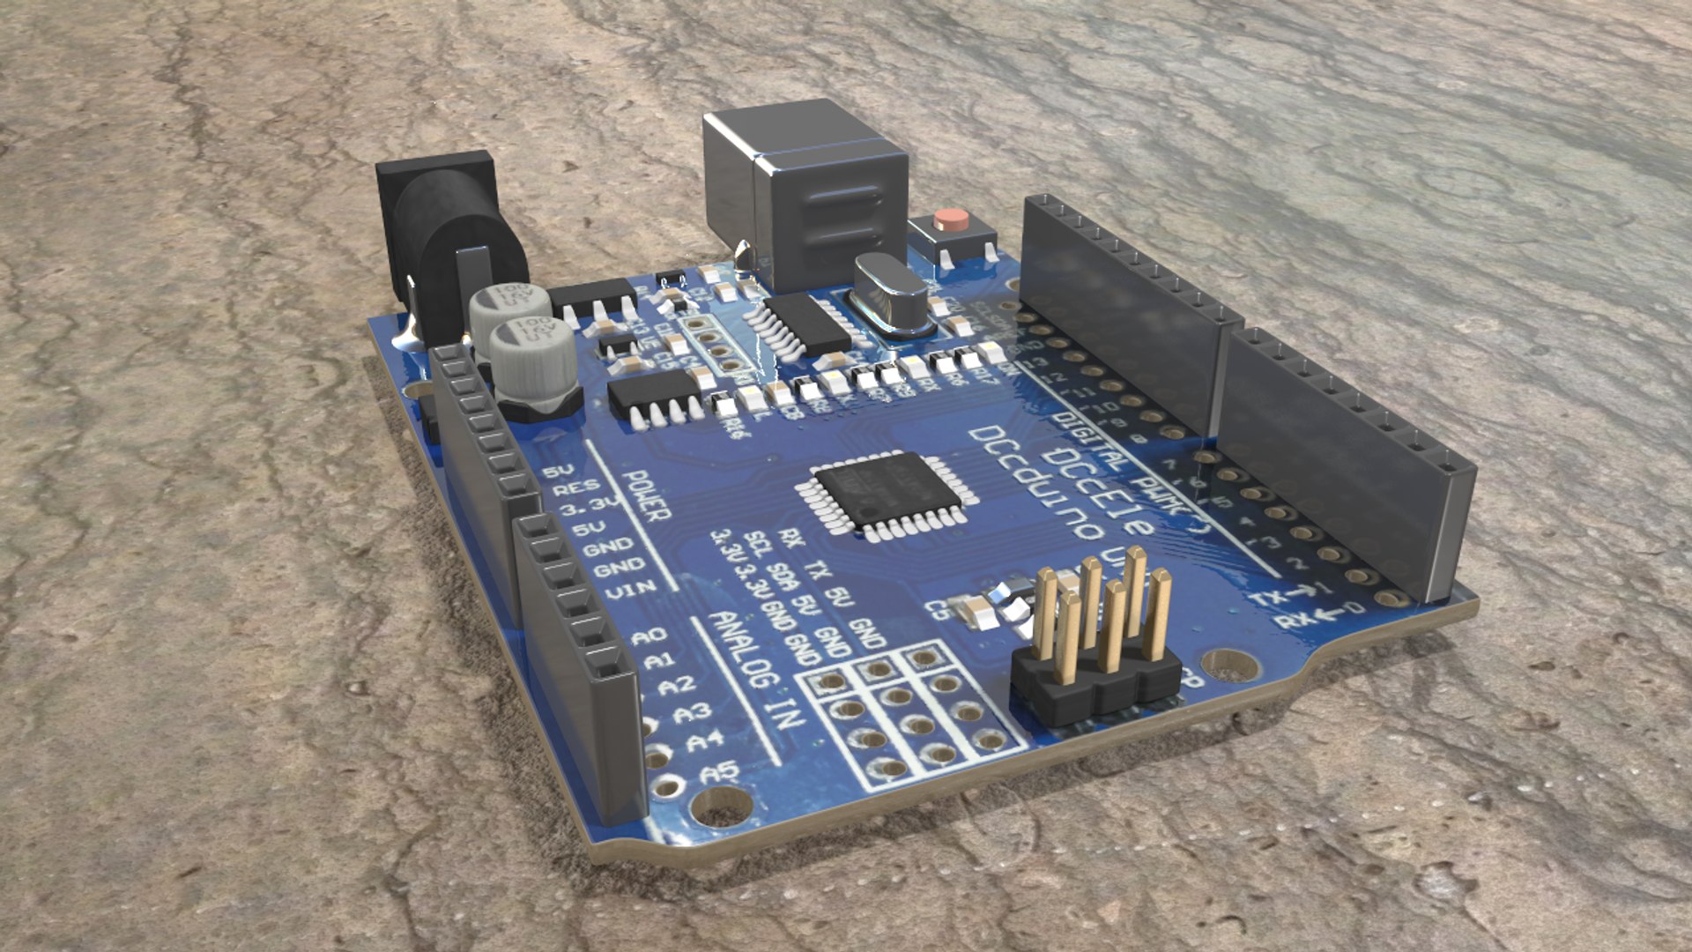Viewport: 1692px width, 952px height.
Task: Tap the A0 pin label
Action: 650,635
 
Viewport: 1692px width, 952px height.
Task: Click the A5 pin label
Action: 720,773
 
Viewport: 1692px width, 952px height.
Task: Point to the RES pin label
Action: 577,487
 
